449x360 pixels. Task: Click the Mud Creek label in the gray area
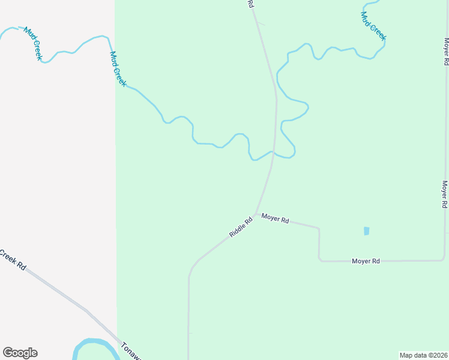(x=33, y=44)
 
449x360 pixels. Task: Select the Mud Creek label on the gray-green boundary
(x=118, y=68)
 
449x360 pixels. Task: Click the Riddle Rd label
(x=241, y=227)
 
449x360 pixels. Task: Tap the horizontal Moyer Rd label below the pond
(x=366, y=261)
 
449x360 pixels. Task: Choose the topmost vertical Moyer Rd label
(x=447, y=52)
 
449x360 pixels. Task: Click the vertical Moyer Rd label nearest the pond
(x=445, y=194)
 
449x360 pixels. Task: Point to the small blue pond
(x=366, y=231)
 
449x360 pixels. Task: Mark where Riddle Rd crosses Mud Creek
(x=273, y=152)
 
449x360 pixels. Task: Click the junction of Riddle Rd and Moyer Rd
(x=256, y=214)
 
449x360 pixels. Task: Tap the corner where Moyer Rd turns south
(x=319, y=229)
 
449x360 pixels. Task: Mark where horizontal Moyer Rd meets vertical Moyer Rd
(x=445, y=260)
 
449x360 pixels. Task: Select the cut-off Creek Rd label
(x=13, y=260)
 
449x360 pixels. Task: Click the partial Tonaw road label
(x=131, y=352)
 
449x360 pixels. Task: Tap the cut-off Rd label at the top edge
(x=250, y=4)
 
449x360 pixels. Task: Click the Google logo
(x=20, y=353)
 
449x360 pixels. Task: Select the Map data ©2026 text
(x=423, y=355)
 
